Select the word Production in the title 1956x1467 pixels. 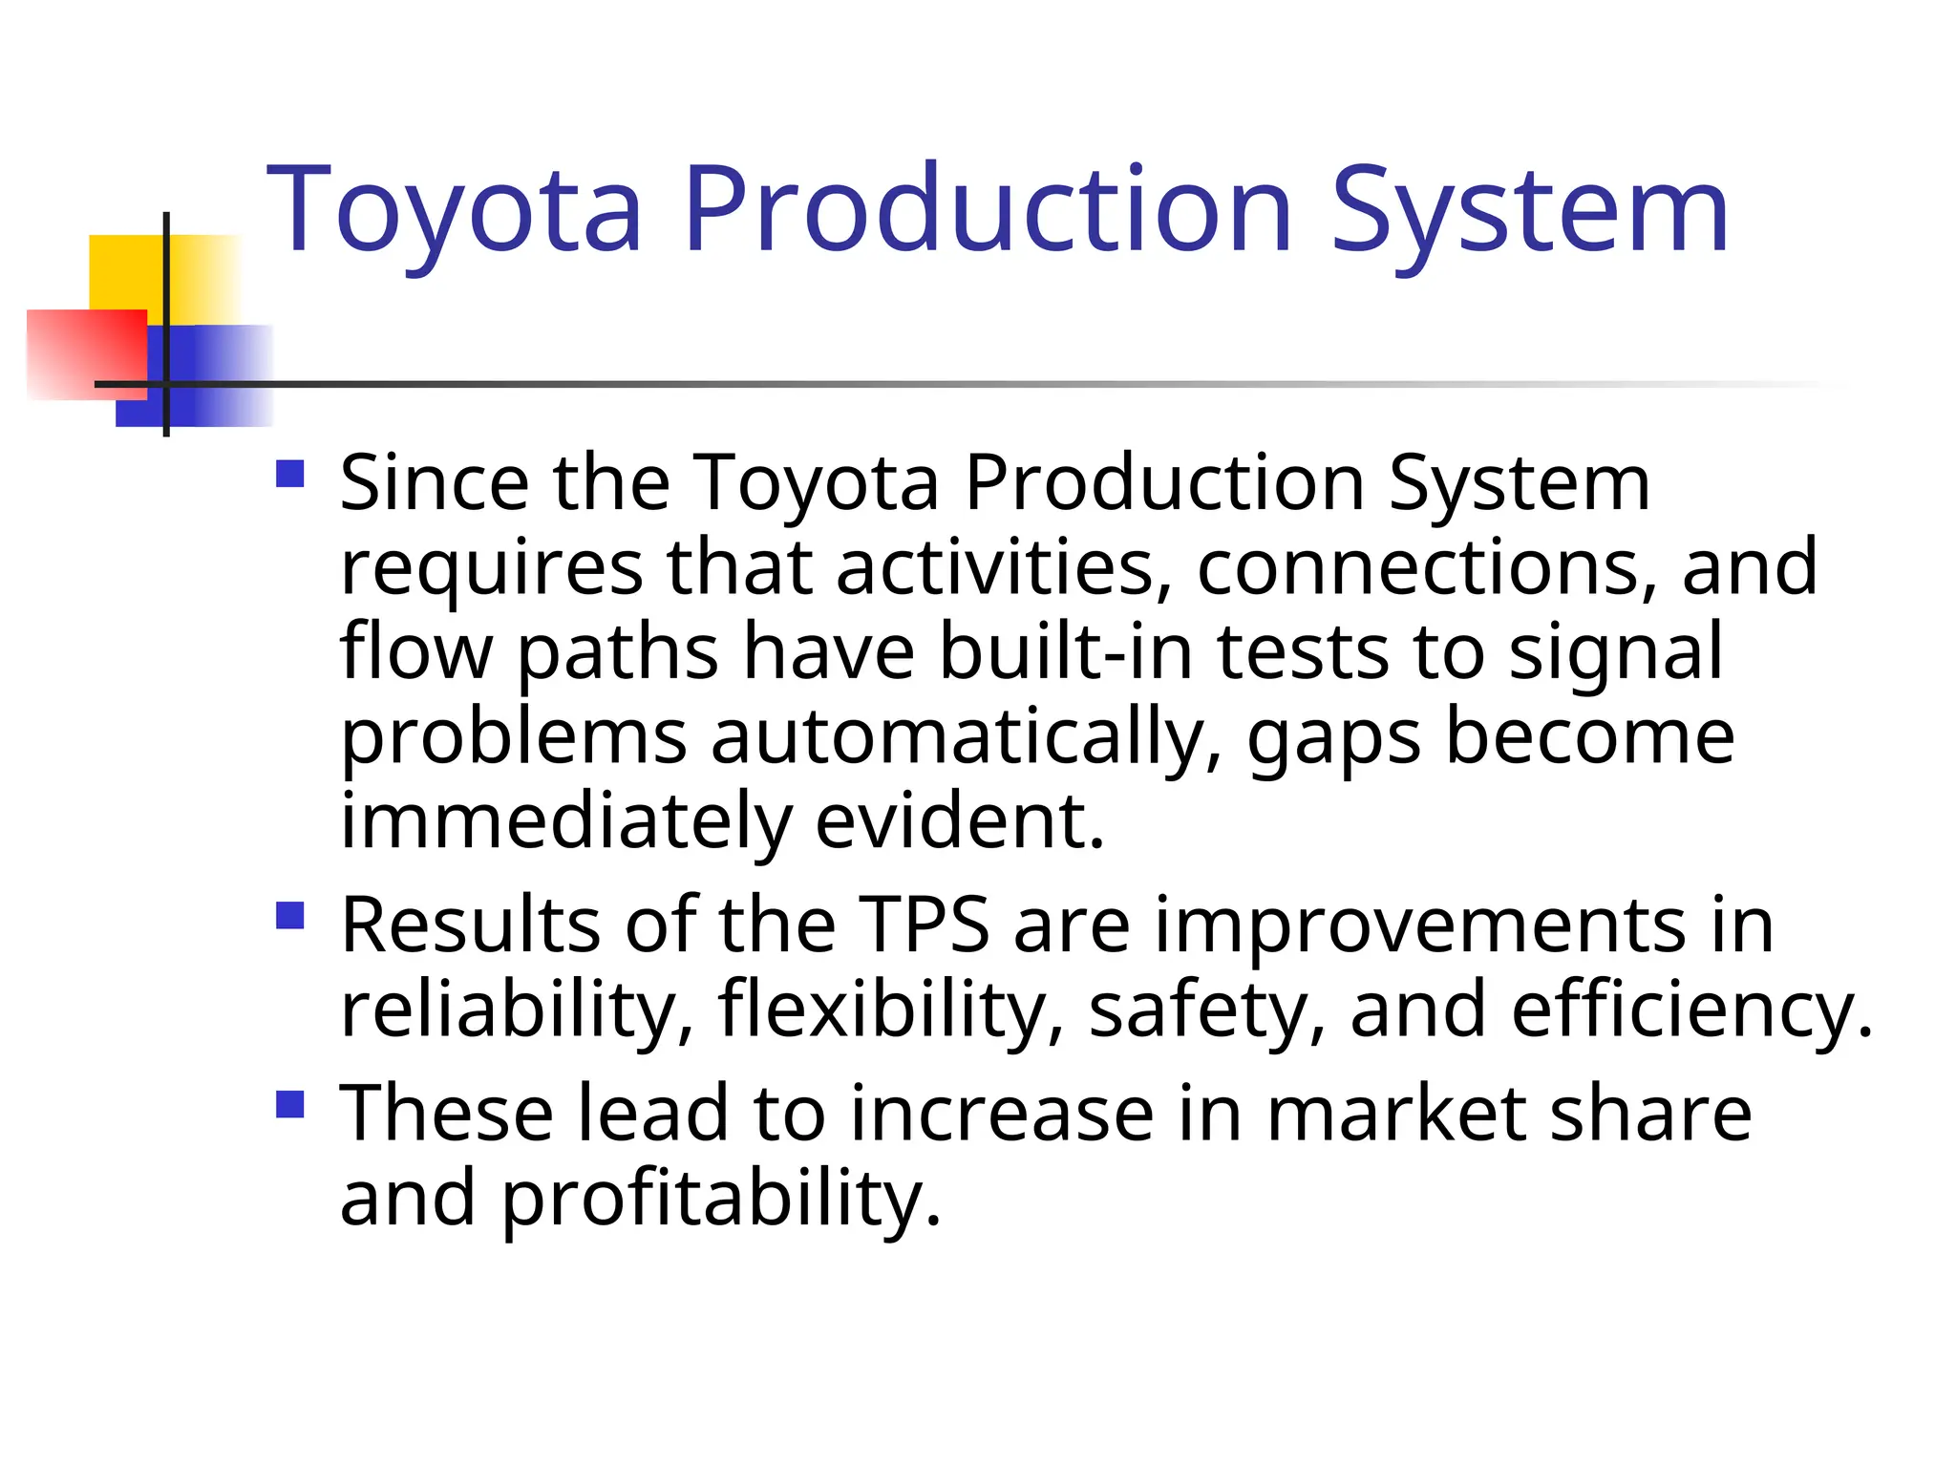pyautogui.click(x=987, y=210)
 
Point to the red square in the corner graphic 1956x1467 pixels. pyautogui.click(x=86, y=353)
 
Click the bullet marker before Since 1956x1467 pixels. pyautogui.click(x=289, y=475)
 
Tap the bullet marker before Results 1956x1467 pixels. pyautogui.click(x=289, y=916)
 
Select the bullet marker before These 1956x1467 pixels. pyautogui.click(x=289, y=1105)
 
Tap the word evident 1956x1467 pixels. pyautogui.click(x=959, y=822)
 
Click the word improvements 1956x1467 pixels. pyautogui.click(x=1420, y=926)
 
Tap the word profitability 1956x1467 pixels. pyautogui.click(x=721, y=1200)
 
